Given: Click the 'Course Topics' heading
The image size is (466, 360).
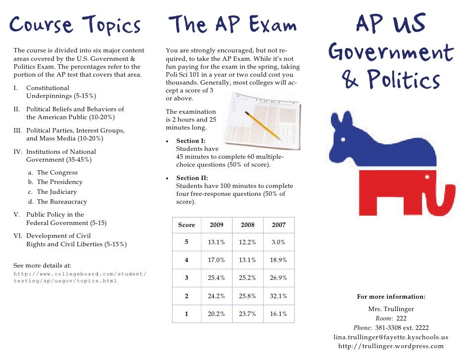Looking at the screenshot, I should [75, 25].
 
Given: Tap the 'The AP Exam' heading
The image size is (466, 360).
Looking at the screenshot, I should [233, 24].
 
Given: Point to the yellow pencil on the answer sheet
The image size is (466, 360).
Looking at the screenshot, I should [262, 126].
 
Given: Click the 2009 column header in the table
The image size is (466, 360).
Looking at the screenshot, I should [217, 225].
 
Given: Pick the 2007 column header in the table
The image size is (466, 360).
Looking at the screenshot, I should [279, 225].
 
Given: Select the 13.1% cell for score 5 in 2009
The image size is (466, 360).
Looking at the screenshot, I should [217, 242].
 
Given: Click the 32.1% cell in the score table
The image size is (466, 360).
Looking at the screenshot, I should [279, 296].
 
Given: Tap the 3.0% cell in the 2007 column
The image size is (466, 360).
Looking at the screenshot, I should [279, 242].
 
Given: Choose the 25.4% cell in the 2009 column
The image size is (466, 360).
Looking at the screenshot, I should [217, 278].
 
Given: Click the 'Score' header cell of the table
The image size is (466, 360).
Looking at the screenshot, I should [186, 225].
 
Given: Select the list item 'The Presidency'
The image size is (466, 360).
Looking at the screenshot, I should [59, 182].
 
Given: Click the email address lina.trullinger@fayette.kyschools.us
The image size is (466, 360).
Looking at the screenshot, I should [391, 337].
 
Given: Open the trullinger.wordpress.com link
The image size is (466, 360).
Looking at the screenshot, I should [391, 346].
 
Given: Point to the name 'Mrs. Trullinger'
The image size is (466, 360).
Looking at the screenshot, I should [391, 309].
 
